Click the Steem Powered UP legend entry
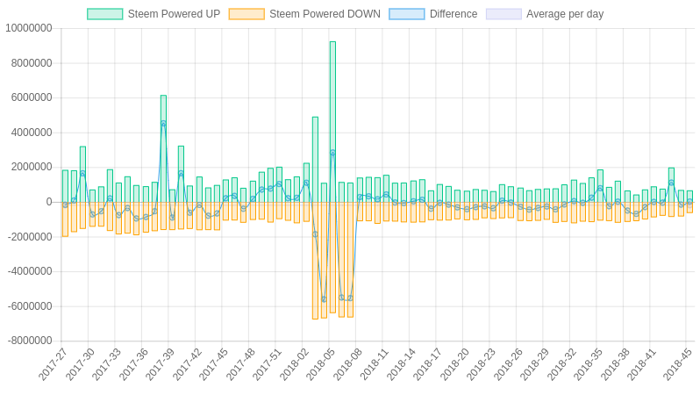pos(154,14)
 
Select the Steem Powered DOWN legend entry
pos(304,14)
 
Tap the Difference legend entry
pos(432,14)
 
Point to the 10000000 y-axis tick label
pos(28,28)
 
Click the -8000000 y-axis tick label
pos(28,341)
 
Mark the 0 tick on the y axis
pos(48,202)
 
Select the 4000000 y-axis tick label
pos(32,133)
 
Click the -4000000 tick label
pos(30,271)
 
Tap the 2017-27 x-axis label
pos(54,364)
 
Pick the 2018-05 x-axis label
pos(321,364)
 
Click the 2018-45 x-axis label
pos(677,364)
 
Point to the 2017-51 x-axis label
pos(268,364)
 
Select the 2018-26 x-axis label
pos(508,364)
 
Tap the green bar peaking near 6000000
pos(163,149)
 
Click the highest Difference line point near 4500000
pos(163,124)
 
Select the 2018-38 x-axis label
pos(615,364)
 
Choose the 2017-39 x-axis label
pos(161,364)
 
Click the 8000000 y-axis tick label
pos(32,63)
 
